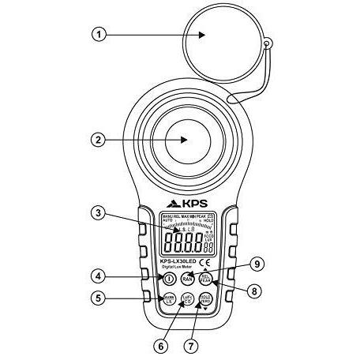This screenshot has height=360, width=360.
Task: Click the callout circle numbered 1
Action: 97,34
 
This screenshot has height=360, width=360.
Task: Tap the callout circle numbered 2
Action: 97,141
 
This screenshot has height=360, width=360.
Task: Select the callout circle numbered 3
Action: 97,212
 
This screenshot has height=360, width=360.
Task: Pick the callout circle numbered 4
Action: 97,276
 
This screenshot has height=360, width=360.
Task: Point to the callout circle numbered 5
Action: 97,298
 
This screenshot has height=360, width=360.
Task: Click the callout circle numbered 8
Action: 252,291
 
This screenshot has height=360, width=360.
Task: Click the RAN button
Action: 187,278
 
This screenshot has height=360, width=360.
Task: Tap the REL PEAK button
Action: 204,278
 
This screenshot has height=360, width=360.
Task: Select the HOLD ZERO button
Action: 204,299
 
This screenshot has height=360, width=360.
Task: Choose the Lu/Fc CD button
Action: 187,299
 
